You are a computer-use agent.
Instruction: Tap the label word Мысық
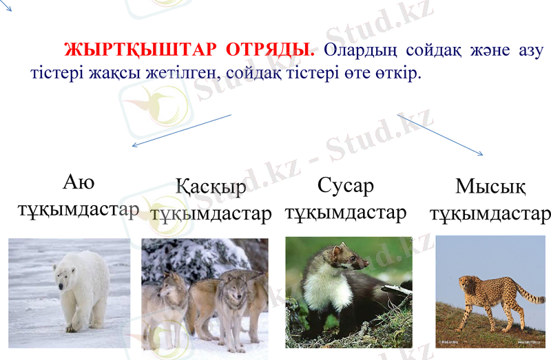click(490, 186)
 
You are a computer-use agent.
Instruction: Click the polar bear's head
click(65, 276)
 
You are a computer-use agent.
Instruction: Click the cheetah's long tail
click(528, 293)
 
